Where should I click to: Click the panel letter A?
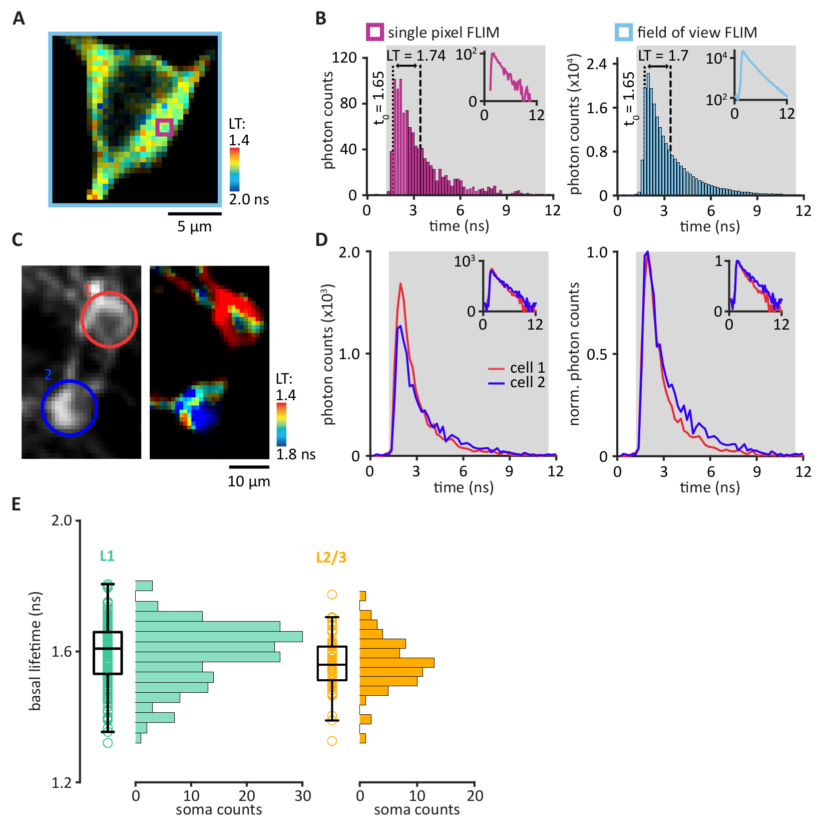tap(19, 19)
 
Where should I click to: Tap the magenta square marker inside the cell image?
tap(164, 127)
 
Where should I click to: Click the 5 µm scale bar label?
tap(194, 226)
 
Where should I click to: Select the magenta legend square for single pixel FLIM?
tap(375, 32)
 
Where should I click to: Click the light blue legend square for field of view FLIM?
tap(624, 32)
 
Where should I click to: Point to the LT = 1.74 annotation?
tap(415, 55)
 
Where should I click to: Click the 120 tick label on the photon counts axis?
tap(344, 58)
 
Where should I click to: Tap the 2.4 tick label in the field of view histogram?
tap(596, 64)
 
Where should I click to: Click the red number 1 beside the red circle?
tap(87, 289)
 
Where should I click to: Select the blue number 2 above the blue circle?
tap(48, 375)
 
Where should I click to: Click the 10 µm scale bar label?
tap(249, 482)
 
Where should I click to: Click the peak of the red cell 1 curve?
tap(401, 285)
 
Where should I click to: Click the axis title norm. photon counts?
tap(574, 354)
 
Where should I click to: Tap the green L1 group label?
tap(107, 556)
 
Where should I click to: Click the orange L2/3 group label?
tap(331, 558)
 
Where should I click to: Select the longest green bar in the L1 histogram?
tap(219, 637)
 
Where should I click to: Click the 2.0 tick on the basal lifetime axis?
tap(62, 521)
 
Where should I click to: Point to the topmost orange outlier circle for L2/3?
tap(332, 595)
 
